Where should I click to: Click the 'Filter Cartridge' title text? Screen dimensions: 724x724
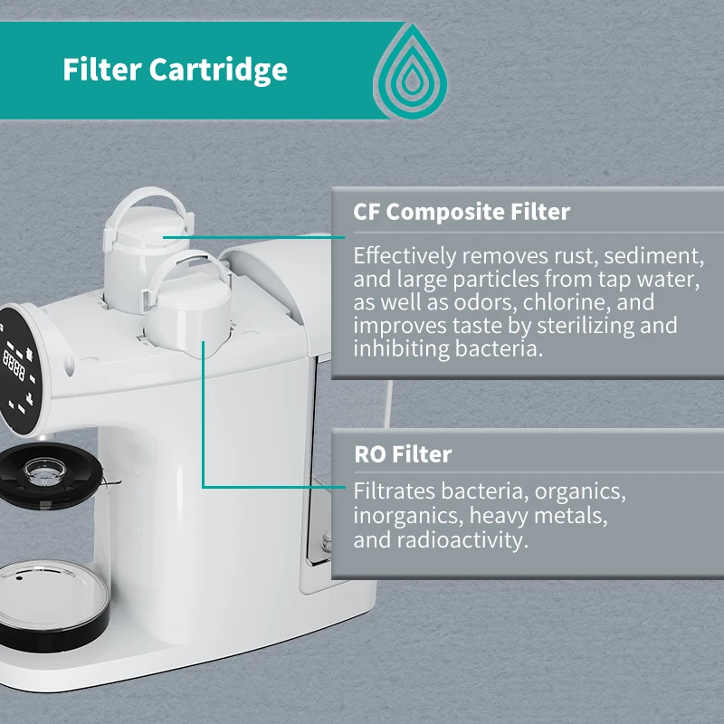176,70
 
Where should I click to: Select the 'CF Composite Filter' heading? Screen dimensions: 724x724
462,212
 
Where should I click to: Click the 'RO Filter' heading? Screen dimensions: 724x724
402,453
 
